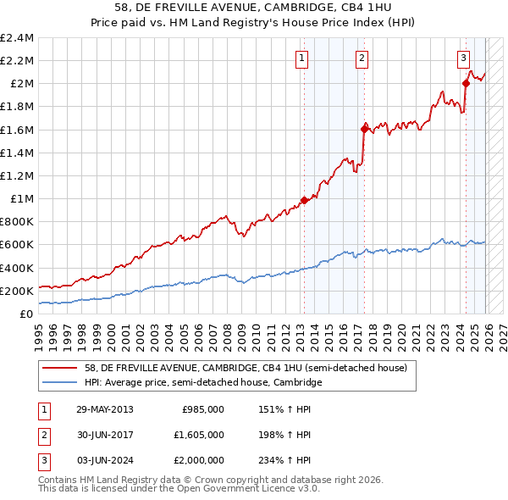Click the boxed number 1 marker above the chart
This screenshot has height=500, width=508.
(x=302, y=58)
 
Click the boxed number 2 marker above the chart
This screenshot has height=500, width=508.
(x=362, y=58)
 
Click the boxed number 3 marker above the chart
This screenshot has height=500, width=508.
(x=464, y=58)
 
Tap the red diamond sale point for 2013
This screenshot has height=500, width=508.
(x=303, y=200)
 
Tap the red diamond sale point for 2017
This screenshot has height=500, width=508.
(x=365, y=129)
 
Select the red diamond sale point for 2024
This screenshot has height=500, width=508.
(x=466, y=83)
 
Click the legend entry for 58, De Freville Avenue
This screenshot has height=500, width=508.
(x=246, y=368)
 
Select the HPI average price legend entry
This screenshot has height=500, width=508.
(x=203, y=382)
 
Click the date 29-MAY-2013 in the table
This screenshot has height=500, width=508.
(x=105, y=408)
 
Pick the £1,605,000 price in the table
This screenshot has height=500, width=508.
(x=203, y=434)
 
